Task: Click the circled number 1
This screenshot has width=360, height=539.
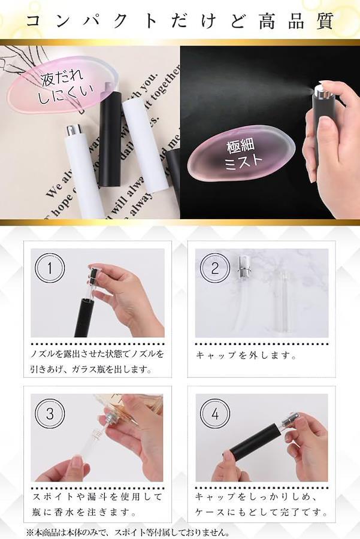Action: pyautogui.click(x=50, y=268)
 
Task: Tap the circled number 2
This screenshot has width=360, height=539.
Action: pyautogui.click(x=215, y=268)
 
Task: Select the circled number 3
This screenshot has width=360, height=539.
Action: pyautogui.click(x=50, y=413)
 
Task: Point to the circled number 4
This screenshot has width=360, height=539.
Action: pyautogui.click(x=215, y=413)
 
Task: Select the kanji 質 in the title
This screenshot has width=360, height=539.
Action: pyautogui.click(x=324, y=22)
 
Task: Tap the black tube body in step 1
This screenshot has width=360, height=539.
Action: pyautogui.click(x=85, y=317)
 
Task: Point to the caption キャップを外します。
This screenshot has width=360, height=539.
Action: pyautogui.click(x=246, y=355)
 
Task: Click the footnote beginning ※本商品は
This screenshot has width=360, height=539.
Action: pyautogui.click(x=128, y=533)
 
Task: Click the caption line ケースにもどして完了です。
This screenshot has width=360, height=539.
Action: pyautogui.click(x=261, y=512)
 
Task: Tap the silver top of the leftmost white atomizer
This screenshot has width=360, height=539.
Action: pyautogui.click(x=74, y=130)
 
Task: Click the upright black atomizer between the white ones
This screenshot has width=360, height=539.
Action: pyautogui.click(x=110, y=138)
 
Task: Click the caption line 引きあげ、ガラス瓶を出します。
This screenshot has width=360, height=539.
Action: pyautogui.click(x=92, y=370)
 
